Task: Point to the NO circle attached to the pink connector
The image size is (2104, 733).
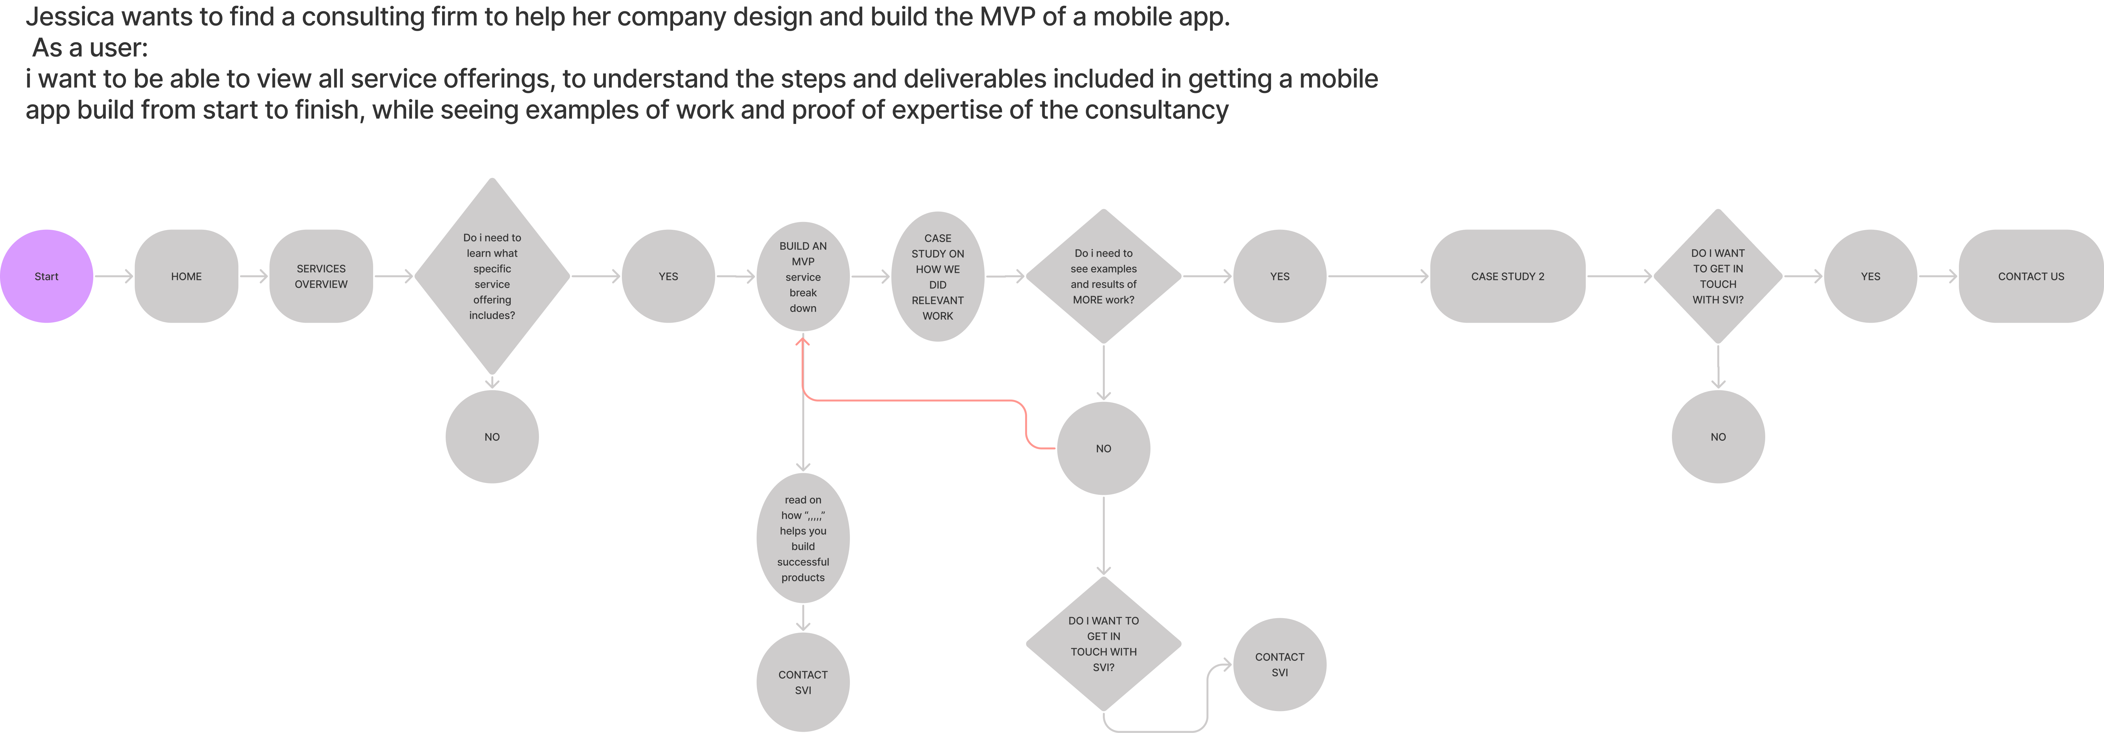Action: (1103, 448)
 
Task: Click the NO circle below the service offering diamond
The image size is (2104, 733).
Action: (492, 437)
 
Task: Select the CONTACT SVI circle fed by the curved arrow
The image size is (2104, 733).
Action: (1280, 664)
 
